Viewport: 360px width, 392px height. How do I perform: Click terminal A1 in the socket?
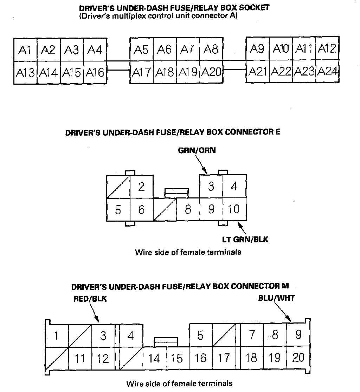tap(25, 50)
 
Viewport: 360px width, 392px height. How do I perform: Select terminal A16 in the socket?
tap(95, 73)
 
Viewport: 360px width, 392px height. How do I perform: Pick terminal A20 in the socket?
tap(211, 72)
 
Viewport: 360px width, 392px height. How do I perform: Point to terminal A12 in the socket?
tap(327, 48)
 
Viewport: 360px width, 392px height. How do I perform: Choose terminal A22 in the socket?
tap(281, 71)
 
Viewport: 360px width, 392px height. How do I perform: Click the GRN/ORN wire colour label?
tap(197, 151)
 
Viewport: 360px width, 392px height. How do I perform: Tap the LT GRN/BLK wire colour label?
tap(245, 240)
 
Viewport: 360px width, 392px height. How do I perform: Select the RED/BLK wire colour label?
tap(90, 299)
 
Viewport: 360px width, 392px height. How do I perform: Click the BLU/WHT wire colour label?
tap(276, 298)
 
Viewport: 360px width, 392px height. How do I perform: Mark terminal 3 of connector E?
tap(211, 186)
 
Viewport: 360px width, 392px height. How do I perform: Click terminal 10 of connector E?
tap(234, 209)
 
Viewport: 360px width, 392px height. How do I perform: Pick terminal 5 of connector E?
tap(118, 210)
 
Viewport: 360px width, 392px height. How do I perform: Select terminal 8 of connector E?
tap(188, 210)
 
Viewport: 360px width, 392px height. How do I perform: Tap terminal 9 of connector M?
tap(298, 335)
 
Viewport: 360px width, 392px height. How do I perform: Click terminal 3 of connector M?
tap(103, 336)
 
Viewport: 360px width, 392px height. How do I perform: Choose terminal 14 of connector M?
tap(154, 358)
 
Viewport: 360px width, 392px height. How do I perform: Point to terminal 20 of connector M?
tap(298, 358)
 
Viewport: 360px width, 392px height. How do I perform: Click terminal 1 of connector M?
tap(56, 336)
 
